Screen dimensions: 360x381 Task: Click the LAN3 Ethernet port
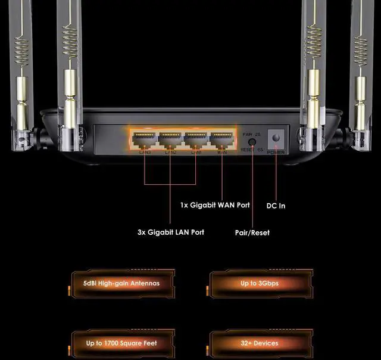point(145,140)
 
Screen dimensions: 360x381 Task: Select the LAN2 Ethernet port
point(170,140)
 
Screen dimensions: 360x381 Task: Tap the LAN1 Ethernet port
point(196,140)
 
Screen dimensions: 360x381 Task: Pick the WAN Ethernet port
point(221,140)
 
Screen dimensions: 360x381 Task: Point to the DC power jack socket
point(276,138)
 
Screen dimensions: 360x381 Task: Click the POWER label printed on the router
point(276,152)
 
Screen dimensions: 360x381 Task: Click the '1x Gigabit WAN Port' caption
point(215,205)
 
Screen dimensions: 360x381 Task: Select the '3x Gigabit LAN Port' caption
point(170,232)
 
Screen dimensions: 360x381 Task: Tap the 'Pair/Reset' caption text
point(252,232)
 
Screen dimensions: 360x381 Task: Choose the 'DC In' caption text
point(276,206)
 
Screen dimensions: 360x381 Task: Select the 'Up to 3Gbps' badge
point(260,283)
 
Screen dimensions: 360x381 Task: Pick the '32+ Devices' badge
point(260,343)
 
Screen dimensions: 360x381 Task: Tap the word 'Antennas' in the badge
point(145,283)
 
